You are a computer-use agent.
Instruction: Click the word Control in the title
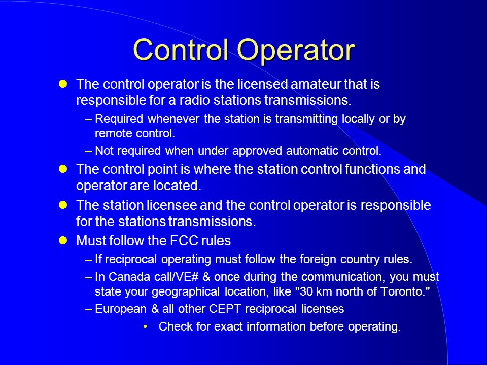point(181,49)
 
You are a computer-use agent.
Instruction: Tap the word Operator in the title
point(296,51)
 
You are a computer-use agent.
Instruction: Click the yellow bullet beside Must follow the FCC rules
point(63,240)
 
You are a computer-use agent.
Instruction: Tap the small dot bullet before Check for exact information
point(145,326)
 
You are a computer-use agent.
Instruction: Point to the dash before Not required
point(89,151)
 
